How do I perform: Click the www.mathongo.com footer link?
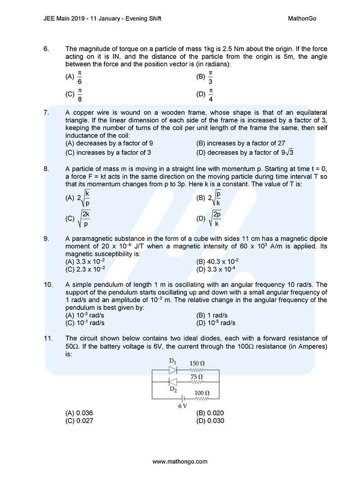180,462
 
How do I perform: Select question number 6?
46,49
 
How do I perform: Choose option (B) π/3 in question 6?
205,77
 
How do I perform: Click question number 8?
46,169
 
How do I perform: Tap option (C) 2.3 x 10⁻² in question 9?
85,269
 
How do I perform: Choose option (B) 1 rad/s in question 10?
212,315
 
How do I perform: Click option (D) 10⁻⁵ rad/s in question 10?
216,323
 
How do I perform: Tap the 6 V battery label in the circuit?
182,406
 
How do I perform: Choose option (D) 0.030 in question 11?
210,421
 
